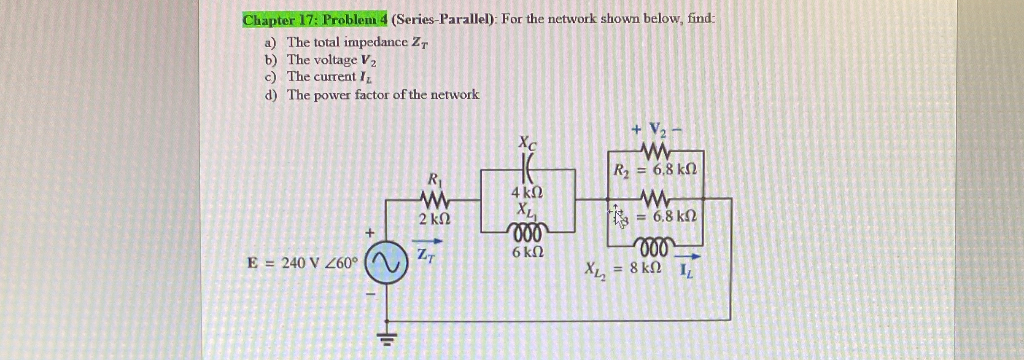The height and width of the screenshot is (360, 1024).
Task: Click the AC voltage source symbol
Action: [386, 262]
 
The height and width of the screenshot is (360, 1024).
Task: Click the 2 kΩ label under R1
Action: [434, 219]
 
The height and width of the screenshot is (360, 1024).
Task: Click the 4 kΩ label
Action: [527, 193]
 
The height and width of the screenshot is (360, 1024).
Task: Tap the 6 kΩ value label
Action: [528, 253]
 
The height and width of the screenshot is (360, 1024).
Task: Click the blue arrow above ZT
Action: [427, 242]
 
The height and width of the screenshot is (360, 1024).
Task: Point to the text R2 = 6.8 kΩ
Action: [655, 170]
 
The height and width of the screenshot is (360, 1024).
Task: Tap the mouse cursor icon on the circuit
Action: [618, 216]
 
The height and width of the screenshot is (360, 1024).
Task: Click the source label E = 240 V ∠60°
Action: [302, 263]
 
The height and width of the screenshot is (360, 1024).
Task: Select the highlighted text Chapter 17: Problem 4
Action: [315, 20]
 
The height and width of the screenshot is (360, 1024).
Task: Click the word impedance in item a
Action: [375, 42]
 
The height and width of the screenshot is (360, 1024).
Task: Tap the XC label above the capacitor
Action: [527, 143]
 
